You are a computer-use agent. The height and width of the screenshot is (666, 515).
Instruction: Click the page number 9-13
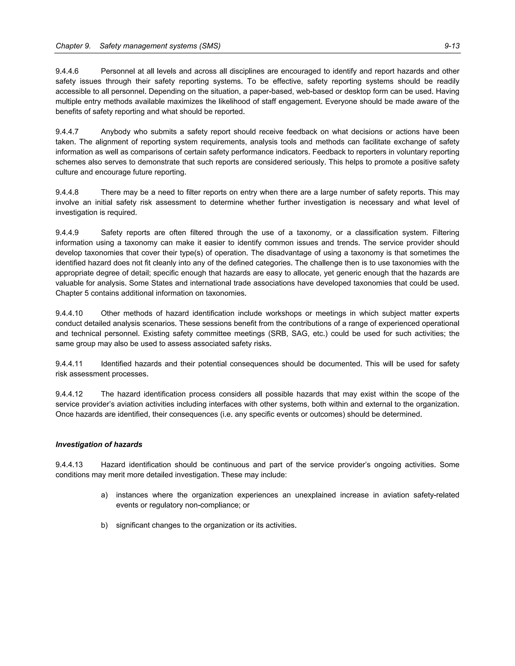point(452,46)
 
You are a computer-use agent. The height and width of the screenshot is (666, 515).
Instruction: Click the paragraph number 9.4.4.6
point(67,71)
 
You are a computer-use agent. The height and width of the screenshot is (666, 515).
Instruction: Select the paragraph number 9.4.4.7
point(67,132)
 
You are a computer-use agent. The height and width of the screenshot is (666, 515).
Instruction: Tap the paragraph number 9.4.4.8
point(67,193)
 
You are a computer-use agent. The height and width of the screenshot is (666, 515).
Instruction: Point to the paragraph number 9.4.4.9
point(67,233)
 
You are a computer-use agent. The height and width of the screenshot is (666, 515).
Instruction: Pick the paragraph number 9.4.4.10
point(69,313)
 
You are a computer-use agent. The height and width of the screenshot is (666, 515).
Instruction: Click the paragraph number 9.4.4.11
point(69,364)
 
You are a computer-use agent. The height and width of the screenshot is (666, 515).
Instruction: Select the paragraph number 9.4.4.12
point(69,394)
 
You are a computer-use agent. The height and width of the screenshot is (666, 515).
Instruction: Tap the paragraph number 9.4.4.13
point(69,465)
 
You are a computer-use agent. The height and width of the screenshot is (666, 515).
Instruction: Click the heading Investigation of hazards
point(99,445)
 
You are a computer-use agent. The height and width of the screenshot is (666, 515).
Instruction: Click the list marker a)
point(104,495)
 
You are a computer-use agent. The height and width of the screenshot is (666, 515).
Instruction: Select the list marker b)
point(104,525)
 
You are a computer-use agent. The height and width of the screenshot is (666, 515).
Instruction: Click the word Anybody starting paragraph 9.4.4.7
point(116,132)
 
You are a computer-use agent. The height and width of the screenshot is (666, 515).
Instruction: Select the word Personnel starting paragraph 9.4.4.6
point(117,71)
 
